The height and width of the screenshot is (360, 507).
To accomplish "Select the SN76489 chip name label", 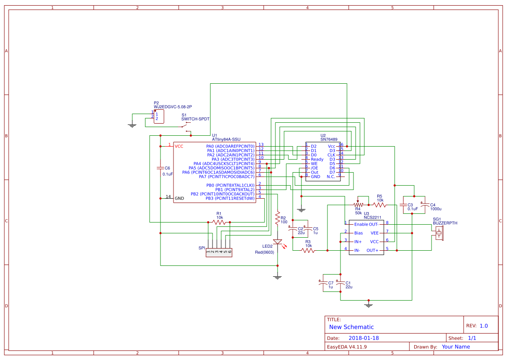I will pos(329,139).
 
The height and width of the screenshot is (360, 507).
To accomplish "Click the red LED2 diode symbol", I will pos(278,242).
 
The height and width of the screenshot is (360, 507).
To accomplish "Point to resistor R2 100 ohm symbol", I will pos(278,218).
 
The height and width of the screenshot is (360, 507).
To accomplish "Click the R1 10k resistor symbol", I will pos(219,222).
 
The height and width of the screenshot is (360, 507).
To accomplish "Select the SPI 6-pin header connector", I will pos(219,251).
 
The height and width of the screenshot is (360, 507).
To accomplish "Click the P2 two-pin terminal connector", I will pos(158,116).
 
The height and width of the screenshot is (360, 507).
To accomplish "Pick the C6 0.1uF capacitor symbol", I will pos(160,168).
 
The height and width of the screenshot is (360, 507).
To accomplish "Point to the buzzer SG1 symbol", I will pos(439,234).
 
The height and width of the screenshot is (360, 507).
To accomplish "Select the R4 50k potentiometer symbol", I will pos(358,205).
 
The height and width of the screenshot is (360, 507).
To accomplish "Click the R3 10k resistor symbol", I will pos(308,250).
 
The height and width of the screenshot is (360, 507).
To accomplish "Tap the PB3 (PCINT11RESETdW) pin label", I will pos(230,198).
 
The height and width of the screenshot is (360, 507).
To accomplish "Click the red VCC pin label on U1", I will pos(179,146).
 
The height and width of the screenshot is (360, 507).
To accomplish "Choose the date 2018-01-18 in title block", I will pos(363,338).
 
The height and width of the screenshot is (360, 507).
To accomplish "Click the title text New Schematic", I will pos(351,327).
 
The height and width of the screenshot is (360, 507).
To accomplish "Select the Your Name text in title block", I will pos(455,347).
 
